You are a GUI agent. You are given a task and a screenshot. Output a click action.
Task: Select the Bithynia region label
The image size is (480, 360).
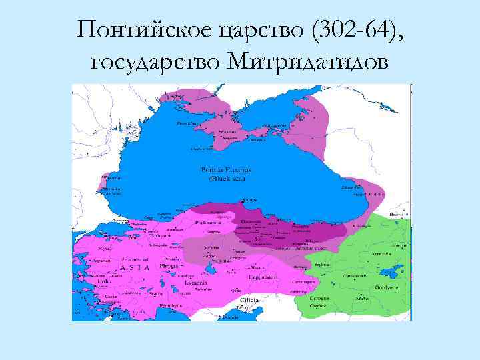coord(161,235)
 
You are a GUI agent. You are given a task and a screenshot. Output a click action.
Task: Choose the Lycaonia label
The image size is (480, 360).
coord(177,283)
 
